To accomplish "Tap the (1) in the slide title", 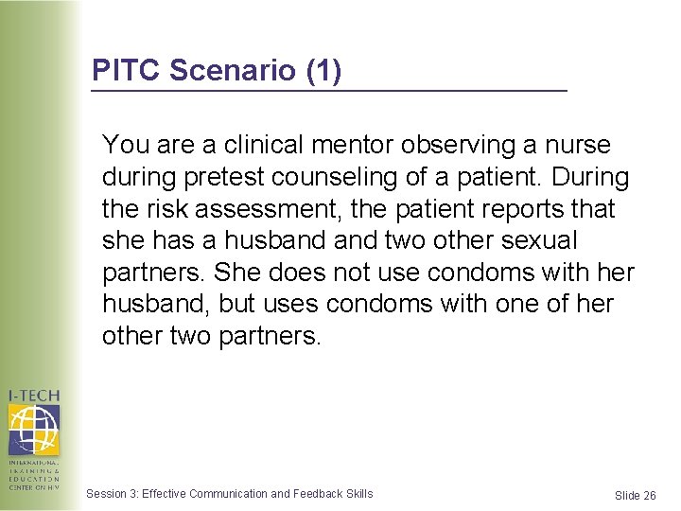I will pos(323,71).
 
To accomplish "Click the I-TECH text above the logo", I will pos(34,396).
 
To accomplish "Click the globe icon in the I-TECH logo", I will pos(34,430).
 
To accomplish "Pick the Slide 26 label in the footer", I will pos(635,496).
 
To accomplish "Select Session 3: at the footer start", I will pos(112,493).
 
